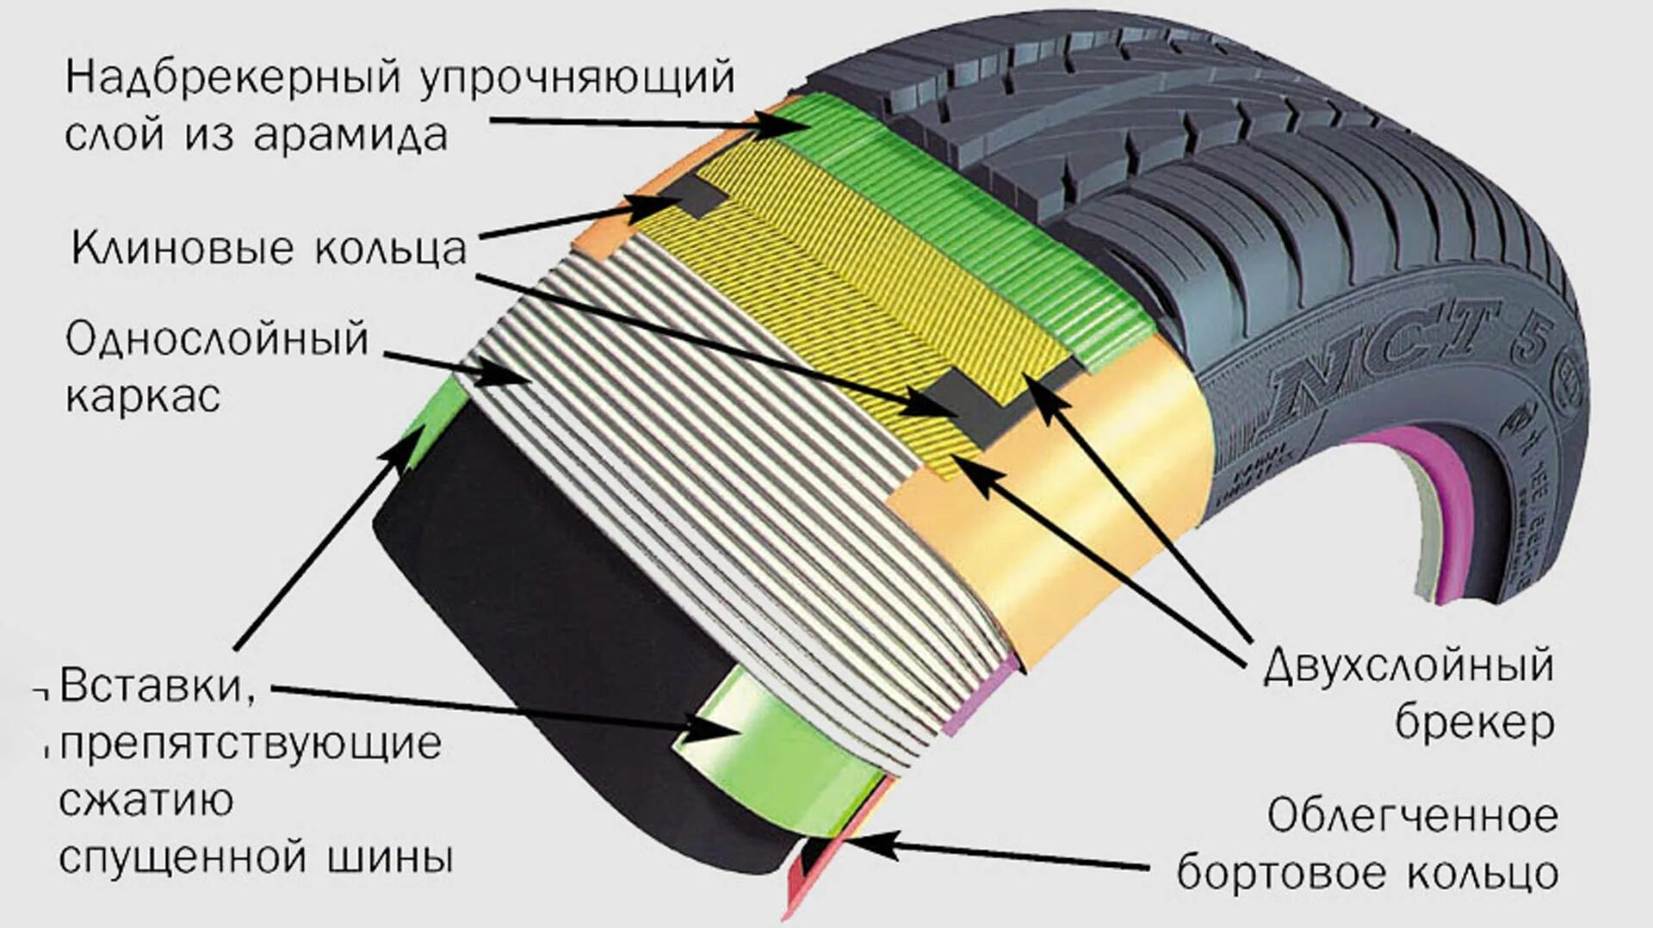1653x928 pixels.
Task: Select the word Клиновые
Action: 183,249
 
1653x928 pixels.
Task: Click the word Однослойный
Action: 217,339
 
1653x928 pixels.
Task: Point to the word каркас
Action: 143,397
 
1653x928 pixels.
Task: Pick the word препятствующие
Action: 251,744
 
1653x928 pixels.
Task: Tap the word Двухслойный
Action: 1408,666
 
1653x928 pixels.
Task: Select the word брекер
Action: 1475,722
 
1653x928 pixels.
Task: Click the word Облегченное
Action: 1412,816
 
